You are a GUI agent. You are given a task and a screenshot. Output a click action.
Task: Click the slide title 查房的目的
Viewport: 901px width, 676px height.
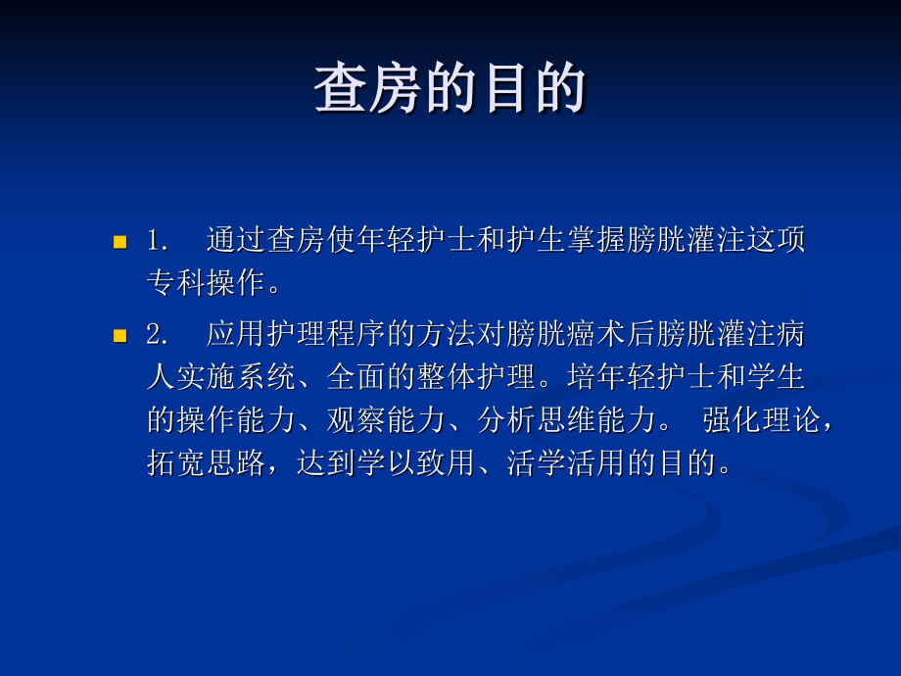450,90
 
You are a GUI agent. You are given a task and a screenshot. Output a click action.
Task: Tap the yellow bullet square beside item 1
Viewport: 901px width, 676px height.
120,241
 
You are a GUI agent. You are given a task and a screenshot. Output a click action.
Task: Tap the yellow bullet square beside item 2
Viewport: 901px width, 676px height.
120,335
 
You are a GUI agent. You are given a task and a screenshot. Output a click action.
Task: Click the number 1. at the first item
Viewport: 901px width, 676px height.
160,240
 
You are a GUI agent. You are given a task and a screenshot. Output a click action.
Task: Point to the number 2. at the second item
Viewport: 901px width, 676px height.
160,334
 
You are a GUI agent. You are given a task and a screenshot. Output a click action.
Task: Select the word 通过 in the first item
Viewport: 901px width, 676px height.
236,240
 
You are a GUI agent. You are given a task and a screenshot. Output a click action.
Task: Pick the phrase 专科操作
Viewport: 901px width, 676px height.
207,283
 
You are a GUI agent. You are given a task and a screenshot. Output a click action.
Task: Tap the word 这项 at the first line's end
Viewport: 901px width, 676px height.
778,240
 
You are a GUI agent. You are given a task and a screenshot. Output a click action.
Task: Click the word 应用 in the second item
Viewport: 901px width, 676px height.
236,334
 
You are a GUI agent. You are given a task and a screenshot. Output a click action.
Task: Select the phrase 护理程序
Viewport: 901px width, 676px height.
326,334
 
